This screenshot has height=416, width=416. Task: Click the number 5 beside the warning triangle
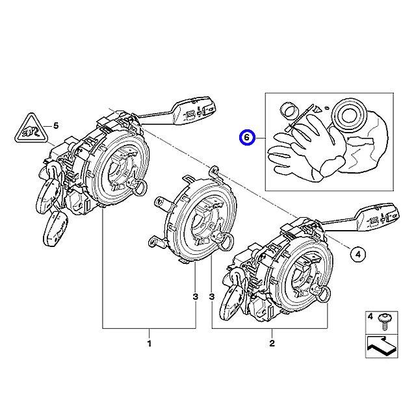tap(56, 125)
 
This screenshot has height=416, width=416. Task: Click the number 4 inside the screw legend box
tap(369, 317)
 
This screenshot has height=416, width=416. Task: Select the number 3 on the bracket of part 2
tap(213, 297)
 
